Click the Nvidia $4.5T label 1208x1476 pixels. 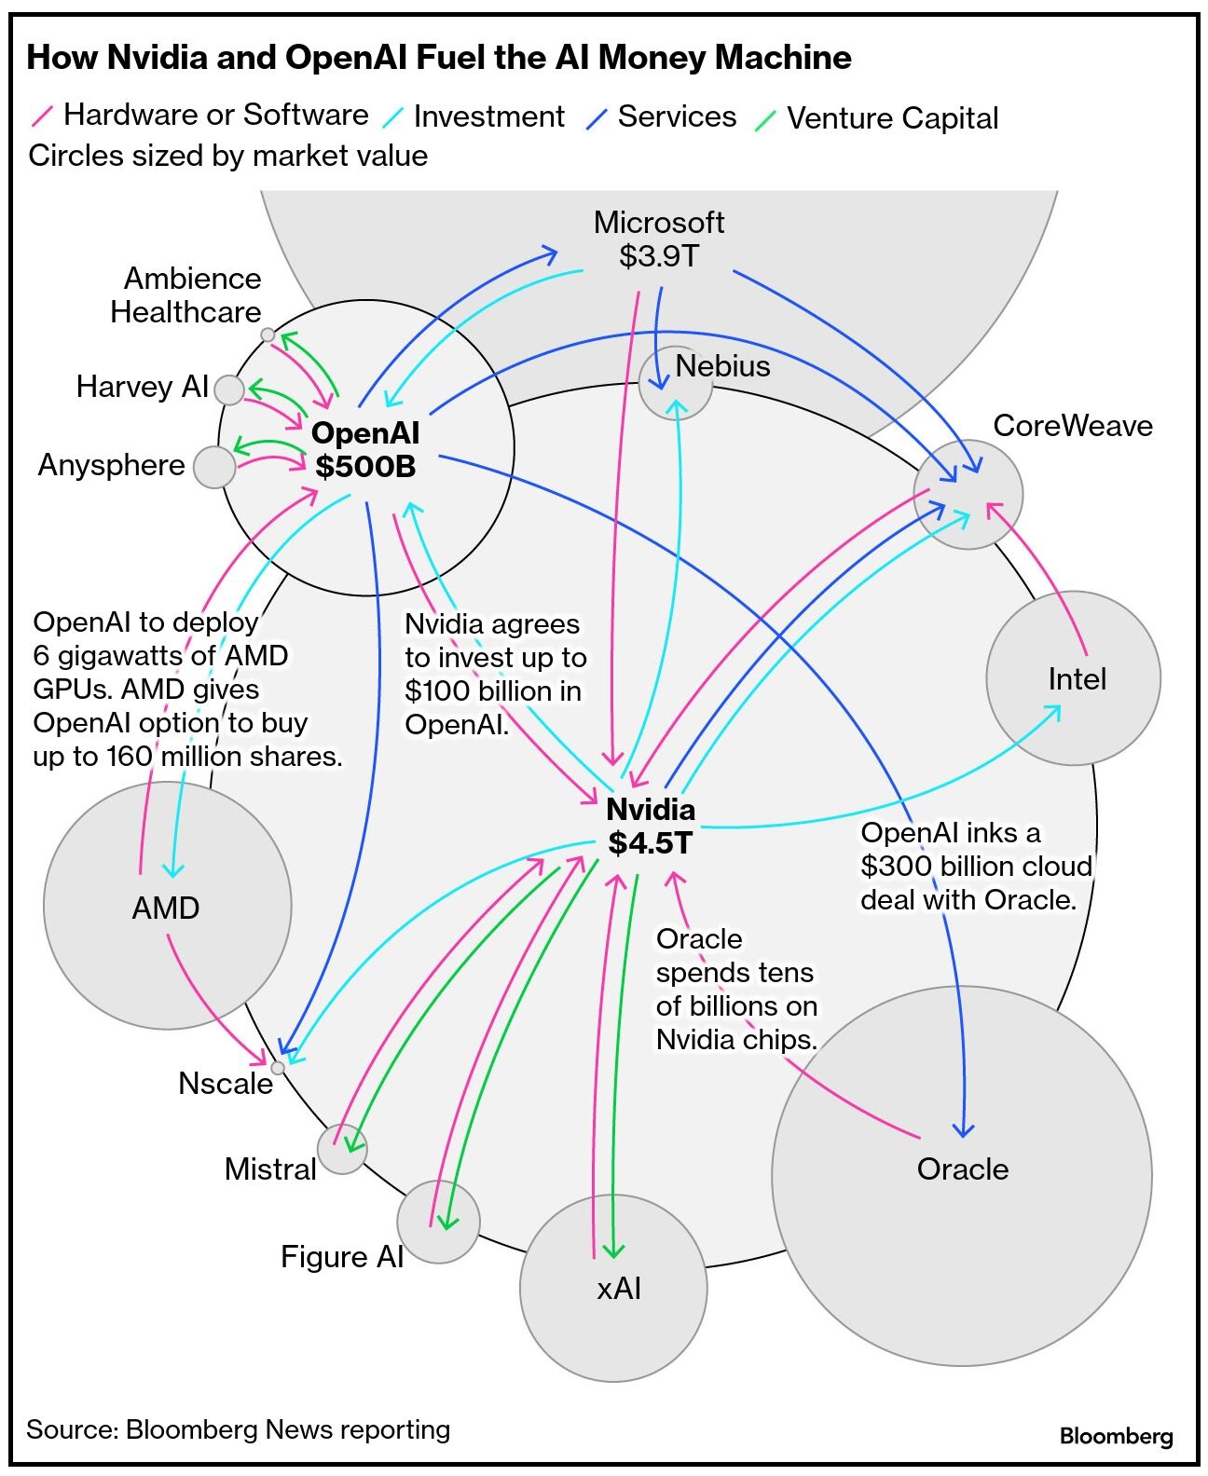coord(651,827)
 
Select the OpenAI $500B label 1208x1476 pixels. coord(365,449)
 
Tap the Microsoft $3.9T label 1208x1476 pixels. coord(659,239)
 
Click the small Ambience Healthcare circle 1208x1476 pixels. coord(268,335)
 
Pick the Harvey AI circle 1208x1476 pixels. coord(228,389)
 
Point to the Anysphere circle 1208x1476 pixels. coord(214,467)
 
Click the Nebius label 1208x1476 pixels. coord(722,366)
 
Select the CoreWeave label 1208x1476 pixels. coord(1073,426)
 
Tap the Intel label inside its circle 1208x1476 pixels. coord(1078,679)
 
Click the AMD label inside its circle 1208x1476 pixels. coord(166,909)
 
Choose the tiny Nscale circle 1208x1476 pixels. coord(277,1068)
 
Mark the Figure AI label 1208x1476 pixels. coord(342,1257)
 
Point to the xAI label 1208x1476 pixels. coord(619,1289)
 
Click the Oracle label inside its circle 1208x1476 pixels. coord(963,1169)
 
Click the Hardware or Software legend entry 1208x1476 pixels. coord(215,115)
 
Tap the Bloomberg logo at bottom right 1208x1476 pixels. coord(1116,1436)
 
